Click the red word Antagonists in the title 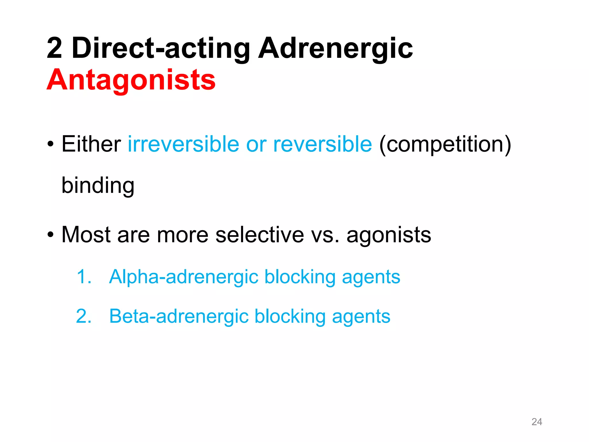(x=131, y=80)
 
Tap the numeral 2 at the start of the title (x=54, y=48)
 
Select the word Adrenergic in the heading (x=335, y=48)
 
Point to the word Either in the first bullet (x=91, y=144)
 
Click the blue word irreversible (x=183, y=144)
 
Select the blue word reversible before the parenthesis (x=322, y=144)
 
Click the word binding (x=98, y=186)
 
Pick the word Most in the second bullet (x=86, y=235)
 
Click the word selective (x=260, y=235)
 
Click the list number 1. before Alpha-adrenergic (x=84, y=277)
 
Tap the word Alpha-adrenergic (x=183, y=277)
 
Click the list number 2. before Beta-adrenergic (x=84, y=316)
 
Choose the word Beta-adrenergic (x=179, y=316)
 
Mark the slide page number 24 (x=537, y=422)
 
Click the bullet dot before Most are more (x=51, y=235)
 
